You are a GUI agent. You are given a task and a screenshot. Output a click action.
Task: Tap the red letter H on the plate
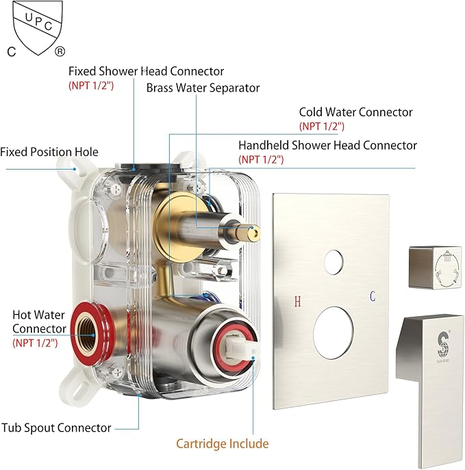[297, 301]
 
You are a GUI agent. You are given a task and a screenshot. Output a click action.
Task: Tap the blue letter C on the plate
[373, 296]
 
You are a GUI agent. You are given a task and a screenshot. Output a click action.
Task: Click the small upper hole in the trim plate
[334, 261]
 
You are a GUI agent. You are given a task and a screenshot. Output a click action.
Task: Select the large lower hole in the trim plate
[333, 332]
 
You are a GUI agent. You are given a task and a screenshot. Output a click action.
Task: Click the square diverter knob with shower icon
[435, 267]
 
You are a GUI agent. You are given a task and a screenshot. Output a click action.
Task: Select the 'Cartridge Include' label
[223, 443]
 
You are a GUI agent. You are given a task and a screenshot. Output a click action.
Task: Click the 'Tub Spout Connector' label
[56, 428]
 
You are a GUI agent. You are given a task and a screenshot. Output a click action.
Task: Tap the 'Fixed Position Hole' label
[49, 152]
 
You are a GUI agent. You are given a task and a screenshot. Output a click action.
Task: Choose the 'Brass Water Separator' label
[203, 88]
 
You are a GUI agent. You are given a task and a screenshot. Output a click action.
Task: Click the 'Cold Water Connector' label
[356, 112]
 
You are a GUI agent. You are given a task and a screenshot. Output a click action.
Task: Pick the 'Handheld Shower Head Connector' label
[327, 145]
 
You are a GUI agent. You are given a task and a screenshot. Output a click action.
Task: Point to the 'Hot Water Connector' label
[39, 322]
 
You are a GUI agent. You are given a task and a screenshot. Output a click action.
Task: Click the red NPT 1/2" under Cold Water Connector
[322, 126]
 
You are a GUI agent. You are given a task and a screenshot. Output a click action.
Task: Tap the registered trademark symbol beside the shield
[60, 51]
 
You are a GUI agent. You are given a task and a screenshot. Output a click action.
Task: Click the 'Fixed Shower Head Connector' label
[146, 71]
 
